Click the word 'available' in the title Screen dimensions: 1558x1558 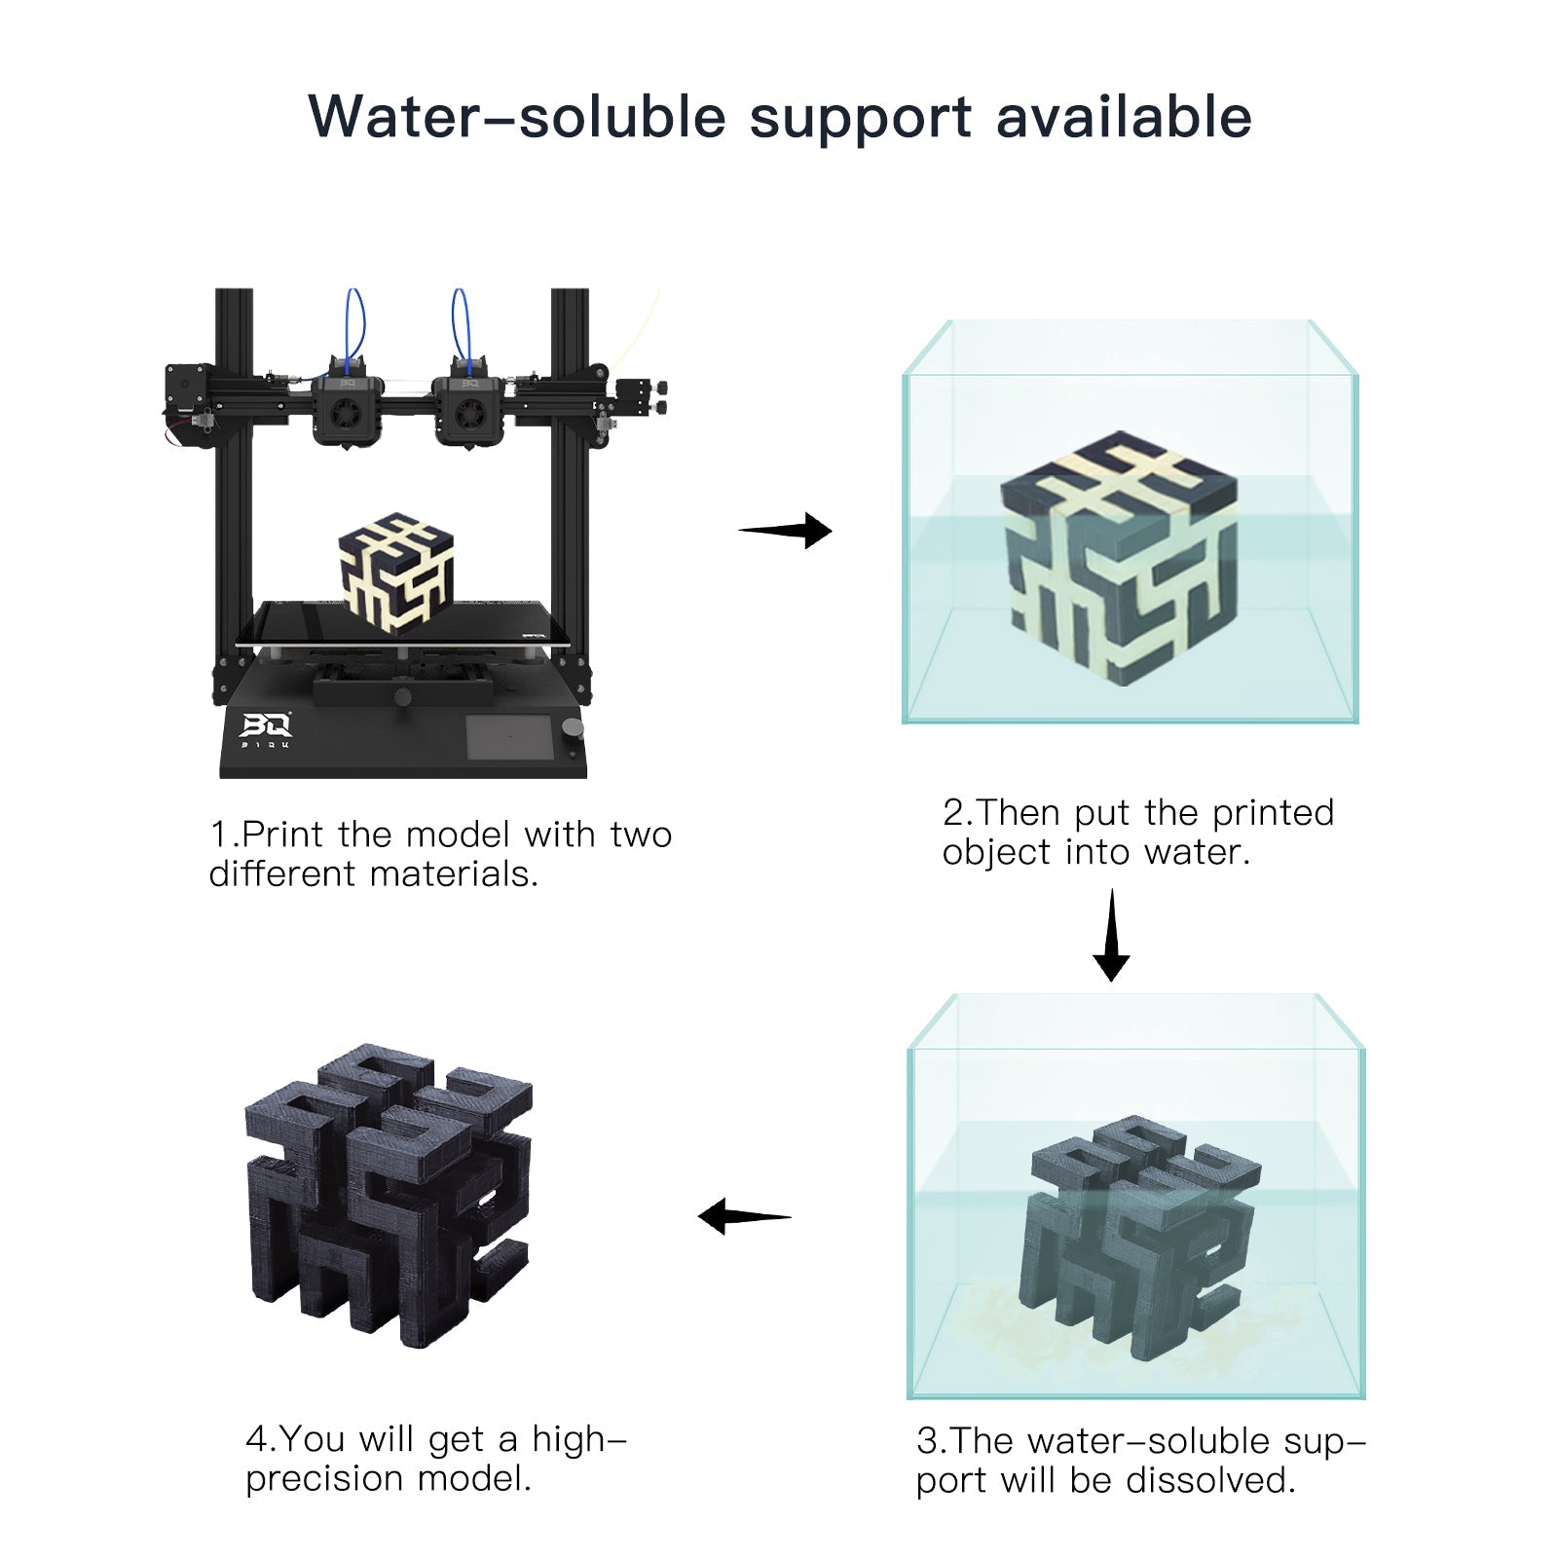click(1123, 117)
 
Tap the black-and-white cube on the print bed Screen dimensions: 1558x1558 click(396, 573)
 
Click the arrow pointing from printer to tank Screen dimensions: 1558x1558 click(787, 531)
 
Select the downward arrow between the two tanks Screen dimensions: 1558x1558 click(1111, 935)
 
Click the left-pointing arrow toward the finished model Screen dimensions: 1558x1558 click(744, 1216)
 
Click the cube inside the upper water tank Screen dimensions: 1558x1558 click(1120, 557)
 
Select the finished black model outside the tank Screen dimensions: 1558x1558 click(388, 1193)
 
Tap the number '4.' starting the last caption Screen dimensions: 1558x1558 click(260, 1438)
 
